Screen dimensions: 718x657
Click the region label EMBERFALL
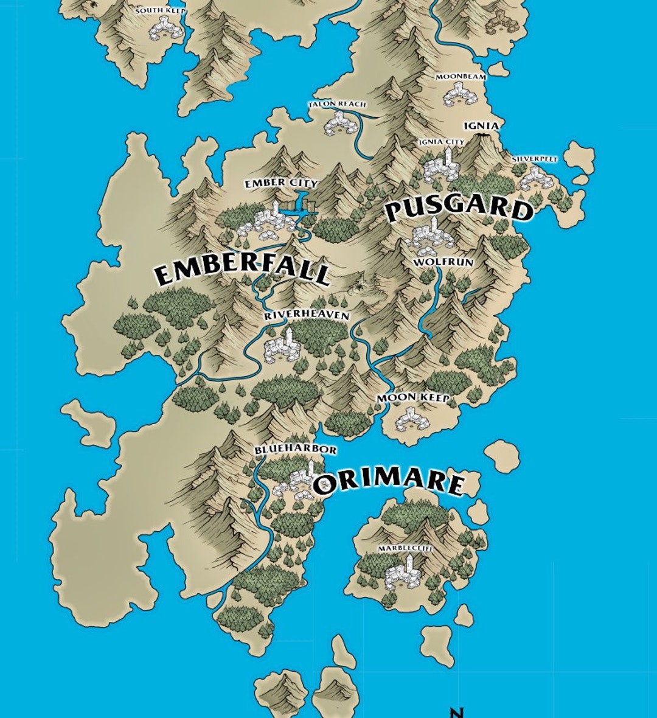242,272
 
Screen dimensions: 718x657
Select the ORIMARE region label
389,482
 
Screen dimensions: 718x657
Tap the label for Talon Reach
337,105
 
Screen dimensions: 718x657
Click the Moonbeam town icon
457,94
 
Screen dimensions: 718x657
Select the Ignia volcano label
481,126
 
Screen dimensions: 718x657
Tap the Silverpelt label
534,159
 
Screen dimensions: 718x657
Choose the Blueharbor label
296,450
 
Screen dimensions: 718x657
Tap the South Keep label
160,11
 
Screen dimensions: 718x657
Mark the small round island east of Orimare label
502,454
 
